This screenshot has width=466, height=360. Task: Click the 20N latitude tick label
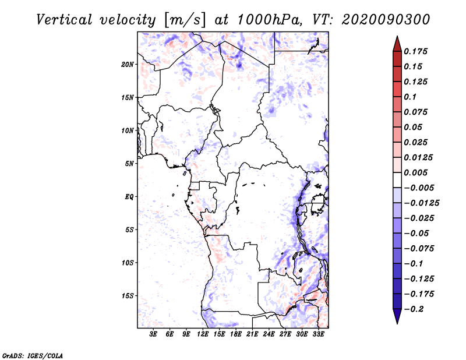click(x=128, y=65)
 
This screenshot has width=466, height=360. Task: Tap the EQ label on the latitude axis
click(x=129, y=197)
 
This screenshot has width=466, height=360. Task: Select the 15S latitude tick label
click(x=128, y=296)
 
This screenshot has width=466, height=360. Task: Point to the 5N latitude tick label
click(x=129, y=164)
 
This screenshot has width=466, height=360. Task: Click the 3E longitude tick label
click(x=153, y=334)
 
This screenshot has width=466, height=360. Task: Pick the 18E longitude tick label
click(x=236, y=334)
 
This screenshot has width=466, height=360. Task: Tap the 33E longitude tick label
click(x=318, y=334)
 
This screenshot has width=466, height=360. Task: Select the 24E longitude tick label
click(x=269, y=334)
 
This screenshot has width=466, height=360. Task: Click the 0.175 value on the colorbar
click(x=415, y=51)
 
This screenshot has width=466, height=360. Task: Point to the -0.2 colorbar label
click(x=413, y=309)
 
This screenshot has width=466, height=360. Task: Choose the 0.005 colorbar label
click(x=415, y=172)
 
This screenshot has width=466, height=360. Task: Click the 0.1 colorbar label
click(x=410, y=97)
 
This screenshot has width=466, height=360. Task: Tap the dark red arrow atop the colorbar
click(x=397, y=44)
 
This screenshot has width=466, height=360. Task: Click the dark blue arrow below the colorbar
click(x=397, y=316)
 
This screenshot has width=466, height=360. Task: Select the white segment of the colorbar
click(x=397, y=180)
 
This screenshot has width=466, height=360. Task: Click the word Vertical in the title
click(x=64, y=20)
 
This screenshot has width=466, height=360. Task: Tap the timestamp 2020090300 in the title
click(x=386, y=20)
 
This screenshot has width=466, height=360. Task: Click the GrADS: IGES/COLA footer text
click(x=33, y=356)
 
